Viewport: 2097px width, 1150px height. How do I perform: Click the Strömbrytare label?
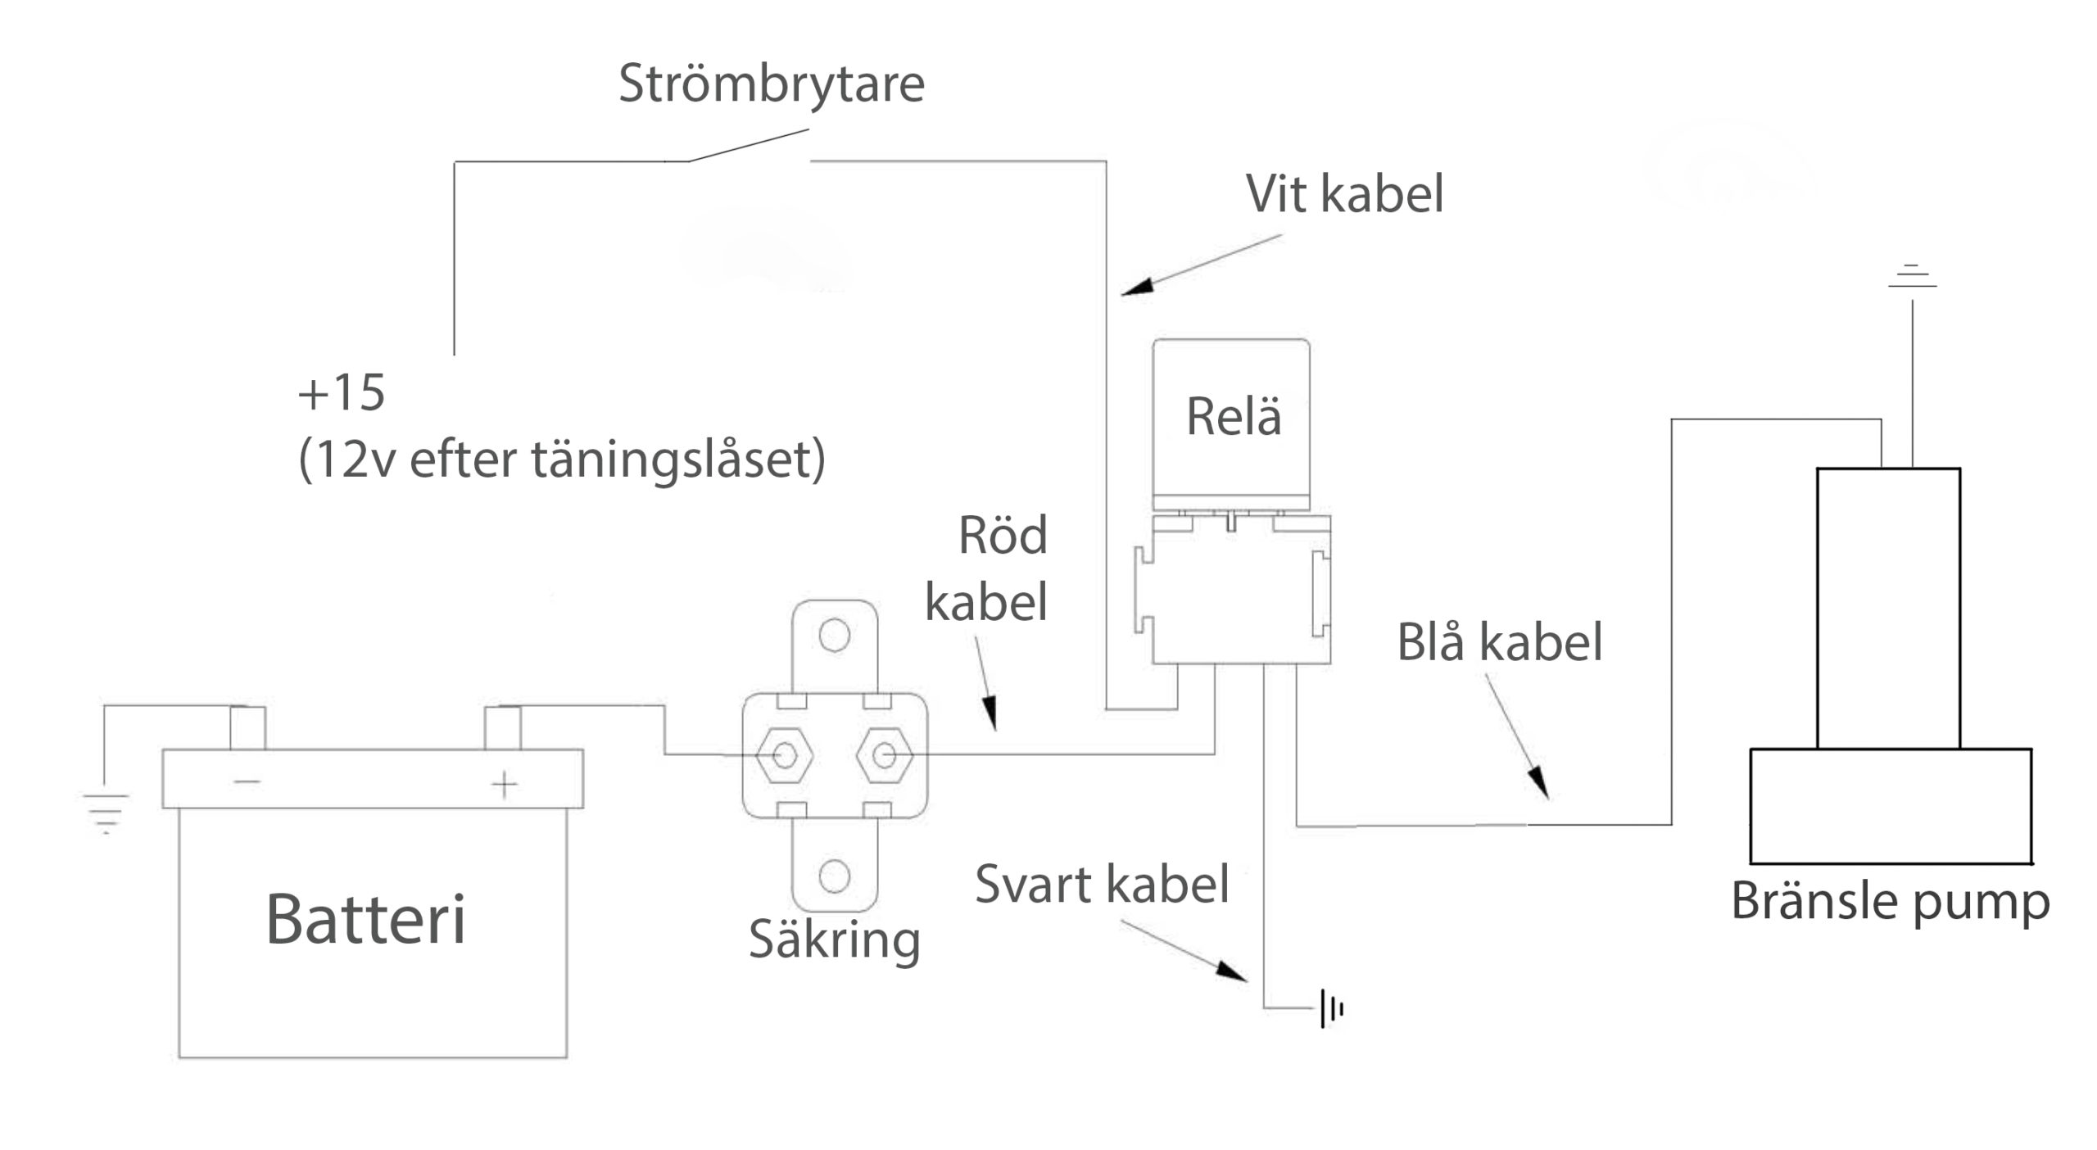(771, 84)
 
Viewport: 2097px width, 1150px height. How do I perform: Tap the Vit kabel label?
(1344, 195)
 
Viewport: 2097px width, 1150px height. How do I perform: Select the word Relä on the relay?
(1233, 417)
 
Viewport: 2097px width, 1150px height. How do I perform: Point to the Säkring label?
(834, 939)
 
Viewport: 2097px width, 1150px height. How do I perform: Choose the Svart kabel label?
(1102, 885)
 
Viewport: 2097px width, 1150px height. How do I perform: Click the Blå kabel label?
(1499, 642)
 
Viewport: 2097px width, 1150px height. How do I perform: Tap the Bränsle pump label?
(1890, 903)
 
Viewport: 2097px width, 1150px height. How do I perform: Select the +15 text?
(341, 393)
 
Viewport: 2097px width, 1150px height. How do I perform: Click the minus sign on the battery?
(247, 781)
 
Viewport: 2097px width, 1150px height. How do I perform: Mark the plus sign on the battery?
(505, 784)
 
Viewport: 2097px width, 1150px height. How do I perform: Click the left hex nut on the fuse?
(784, 755)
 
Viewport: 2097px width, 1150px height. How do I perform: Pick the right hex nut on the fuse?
(884, 755)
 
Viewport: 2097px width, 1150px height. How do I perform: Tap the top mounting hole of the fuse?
(834, 635)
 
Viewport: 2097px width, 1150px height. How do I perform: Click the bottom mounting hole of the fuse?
(834, 876)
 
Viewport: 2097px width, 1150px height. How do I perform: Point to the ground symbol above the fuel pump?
(1912, 277)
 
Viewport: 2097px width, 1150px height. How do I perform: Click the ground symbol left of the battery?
(106, 812)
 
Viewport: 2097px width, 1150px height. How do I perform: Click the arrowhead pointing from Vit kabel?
(1136, 287)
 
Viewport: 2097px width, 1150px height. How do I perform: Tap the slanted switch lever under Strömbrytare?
(747, 145)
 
